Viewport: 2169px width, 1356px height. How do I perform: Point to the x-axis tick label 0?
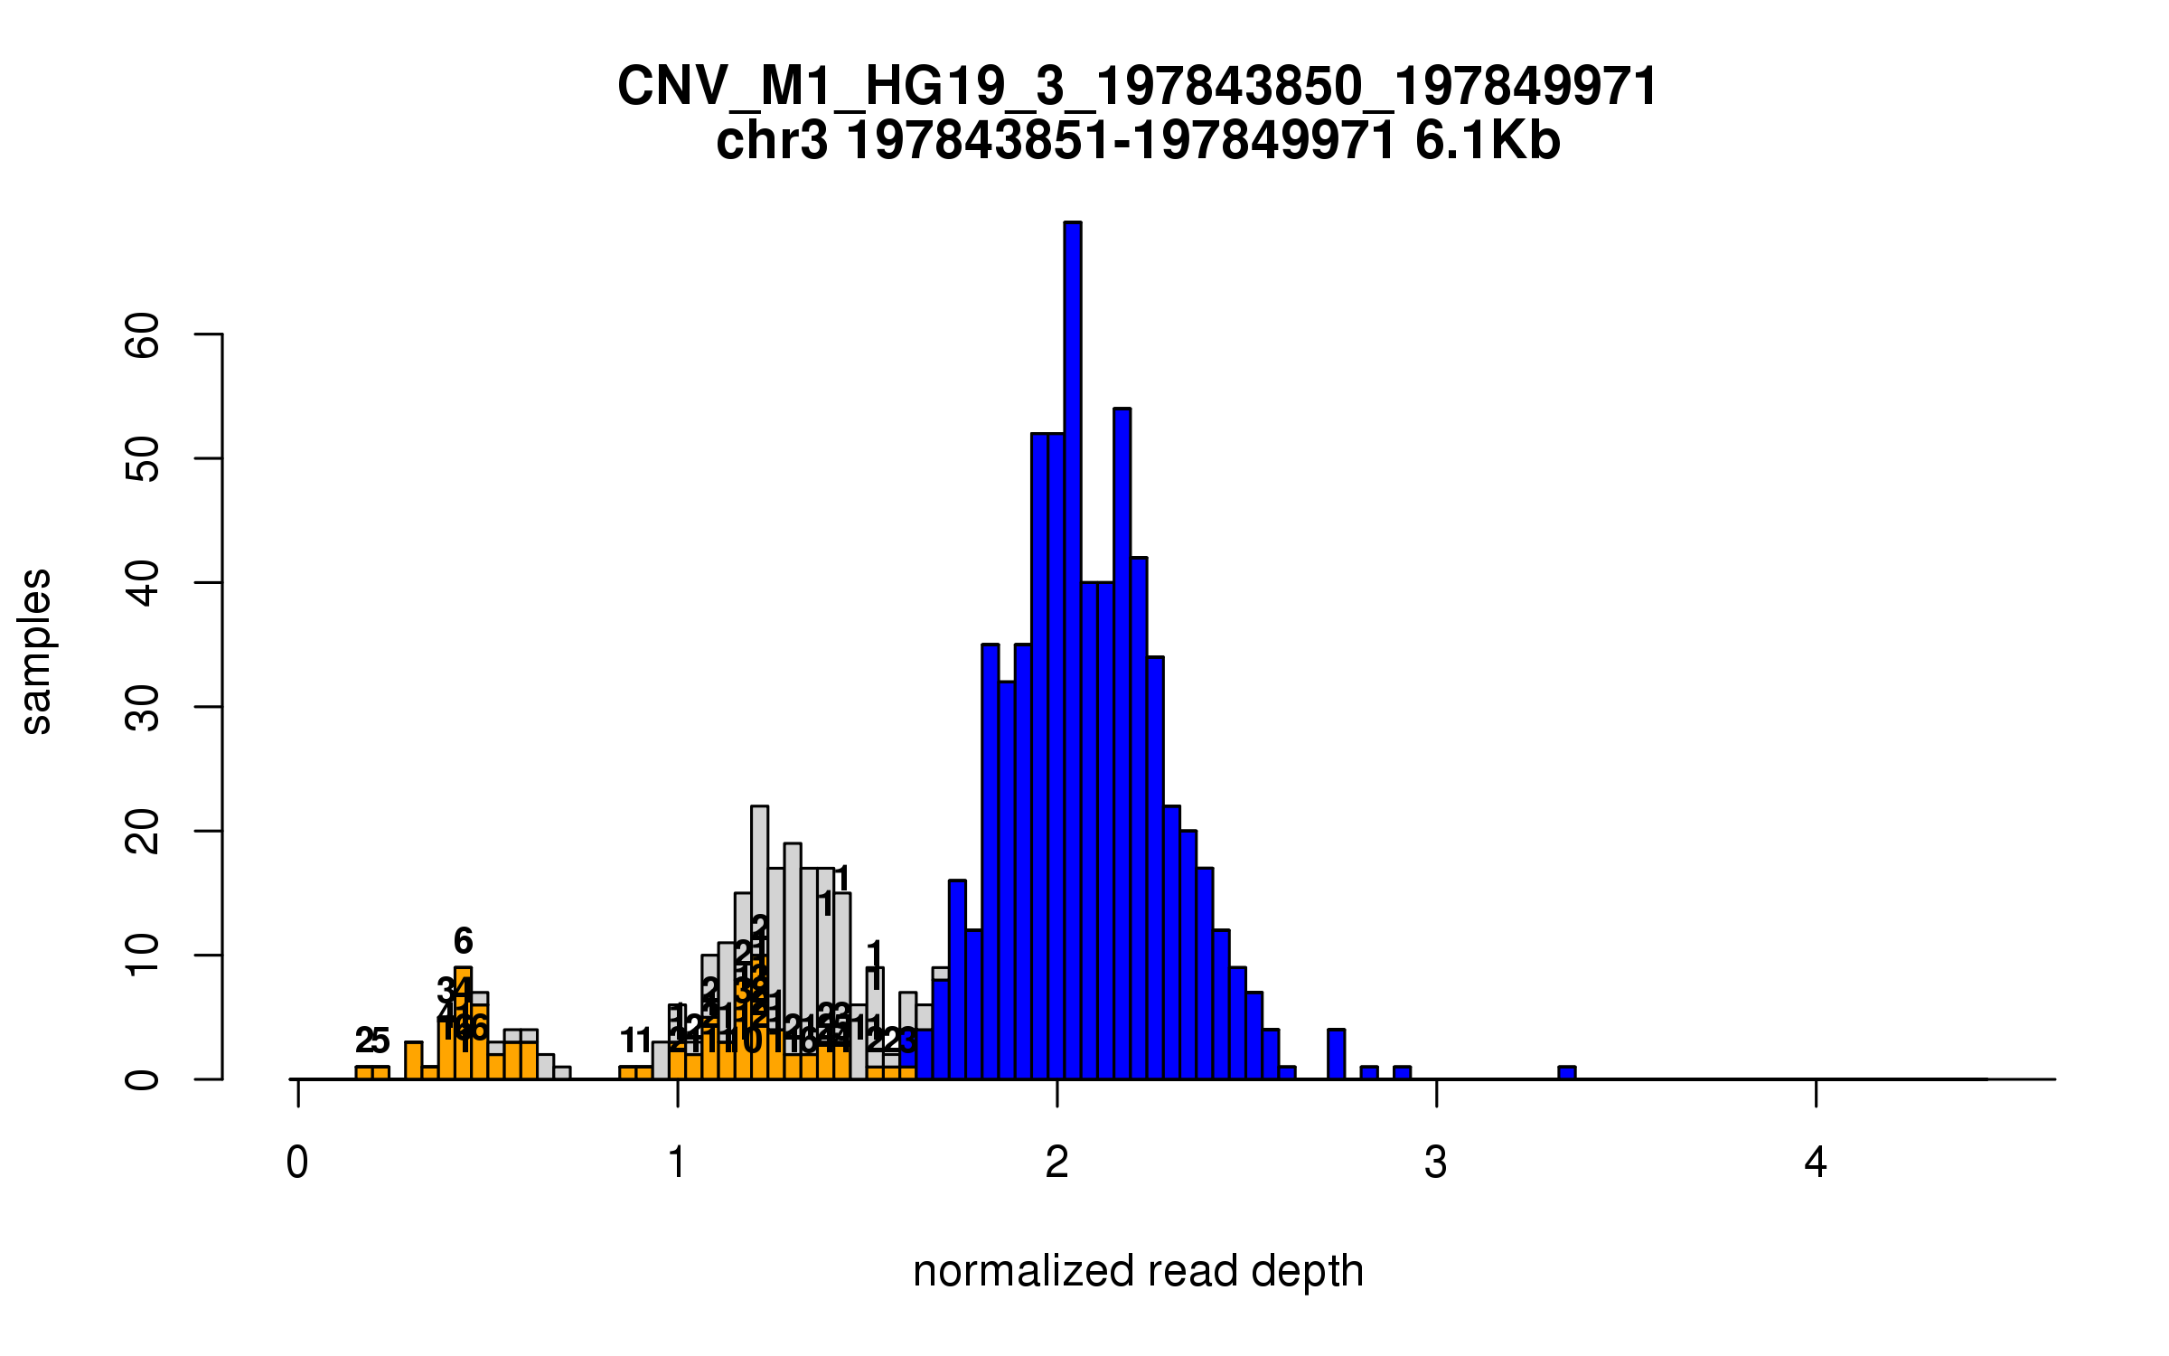pos(297,1163)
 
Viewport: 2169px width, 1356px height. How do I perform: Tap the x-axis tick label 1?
pos(677,1163)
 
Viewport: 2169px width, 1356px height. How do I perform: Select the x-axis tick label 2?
pos(1056,1163)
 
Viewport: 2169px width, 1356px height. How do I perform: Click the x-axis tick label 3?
pos(1436,1163)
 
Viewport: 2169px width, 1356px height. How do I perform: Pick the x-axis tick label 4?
pos(1816,1163)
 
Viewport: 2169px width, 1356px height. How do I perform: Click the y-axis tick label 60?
pos(143,335)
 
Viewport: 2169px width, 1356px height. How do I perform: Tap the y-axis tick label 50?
pos(143,459)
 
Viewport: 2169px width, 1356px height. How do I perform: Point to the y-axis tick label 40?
pos(143,583)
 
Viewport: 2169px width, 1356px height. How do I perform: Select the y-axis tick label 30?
pos(143,707)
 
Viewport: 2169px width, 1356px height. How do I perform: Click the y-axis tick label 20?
pos(143,831)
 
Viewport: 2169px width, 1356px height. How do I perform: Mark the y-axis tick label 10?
pos(143,956)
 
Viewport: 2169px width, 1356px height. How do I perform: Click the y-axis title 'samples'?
pos(36,651)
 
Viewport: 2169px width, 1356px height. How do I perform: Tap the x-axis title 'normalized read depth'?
pos(1138,1271)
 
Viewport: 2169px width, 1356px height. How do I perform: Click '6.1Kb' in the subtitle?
pos(1488,141)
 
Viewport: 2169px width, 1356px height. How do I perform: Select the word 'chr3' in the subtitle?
pos(771,141)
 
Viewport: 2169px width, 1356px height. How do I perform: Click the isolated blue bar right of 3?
pos(1567,1073)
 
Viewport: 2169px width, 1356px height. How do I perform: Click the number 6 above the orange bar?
pos(463,941)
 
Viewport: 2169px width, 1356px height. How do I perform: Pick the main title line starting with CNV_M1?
pos(1137,87)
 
